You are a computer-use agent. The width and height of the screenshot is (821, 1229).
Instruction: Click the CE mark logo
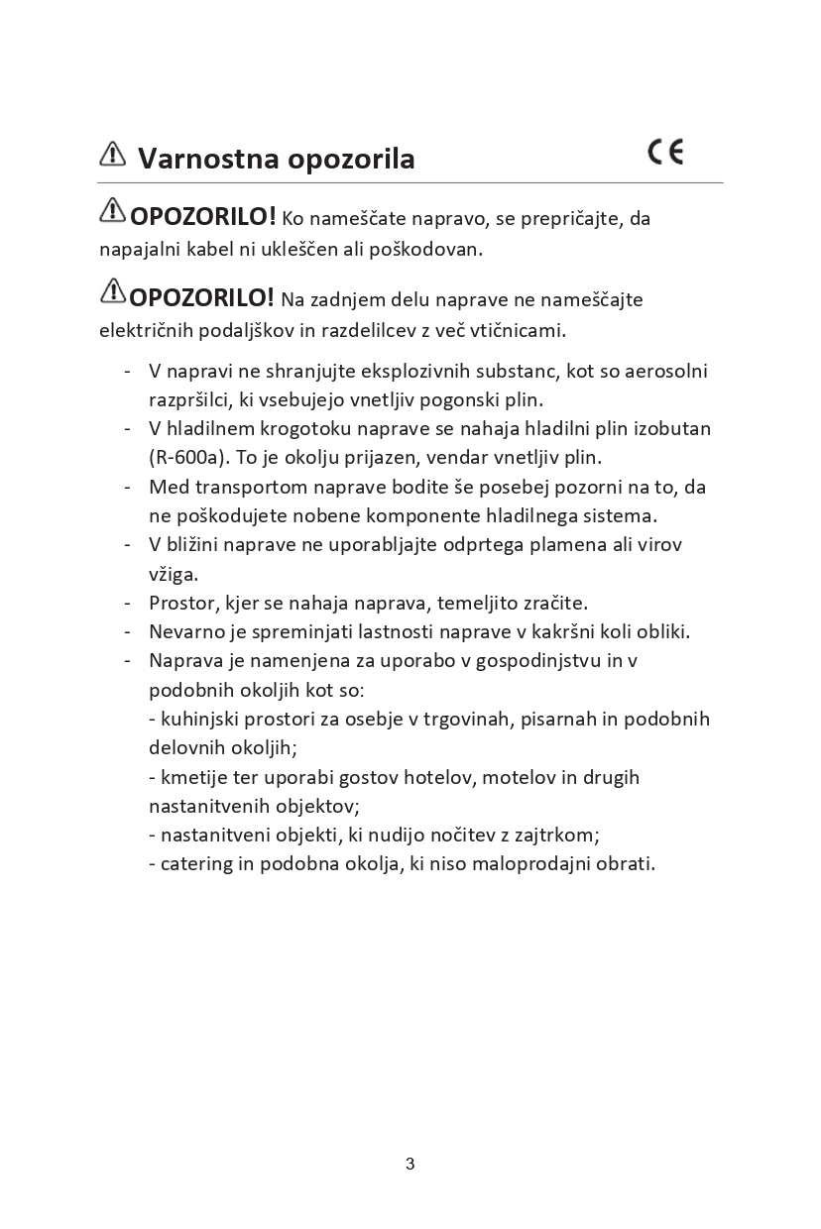click(665, 152)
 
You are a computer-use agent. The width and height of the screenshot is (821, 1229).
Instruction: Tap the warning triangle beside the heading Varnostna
click(113, 154)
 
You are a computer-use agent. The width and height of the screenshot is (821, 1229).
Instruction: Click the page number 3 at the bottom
click(410, 1164)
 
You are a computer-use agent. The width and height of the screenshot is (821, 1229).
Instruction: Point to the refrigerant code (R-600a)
click(181, 458)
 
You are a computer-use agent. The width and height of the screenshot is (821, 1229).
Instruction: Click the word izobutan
click(672, 428)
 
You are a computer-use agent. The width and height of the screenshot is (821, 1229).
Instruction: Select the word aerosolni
click(665, 371)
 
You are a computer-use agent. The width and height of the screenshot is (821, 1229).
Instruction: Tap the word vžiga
click(174, 574)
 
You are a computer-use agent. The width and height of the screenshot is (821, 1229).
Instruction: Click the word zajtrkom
click(553, 835)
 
